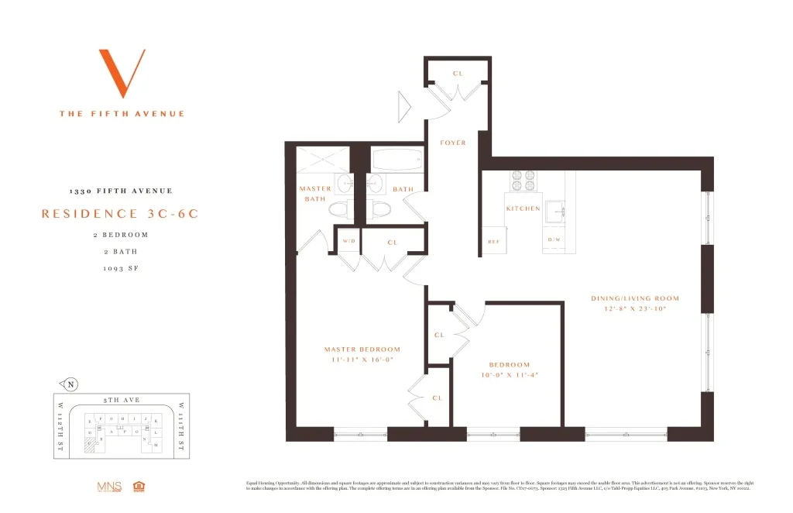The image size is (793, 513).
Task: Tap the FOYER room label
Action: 453,143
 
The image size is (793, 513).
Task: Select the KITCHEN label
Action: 523,208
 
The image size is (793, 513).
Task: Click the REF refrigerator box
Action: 493,240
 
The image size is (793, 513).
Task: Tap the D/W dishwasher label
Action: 554,240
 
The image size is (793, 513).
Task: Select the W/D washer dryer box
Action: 348,242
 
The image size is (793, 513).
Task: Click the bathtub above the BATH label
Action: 396,161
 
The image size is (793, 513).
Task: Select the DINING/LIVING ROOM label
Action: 634,298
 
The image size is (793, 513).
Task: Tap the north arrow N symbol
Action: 70,384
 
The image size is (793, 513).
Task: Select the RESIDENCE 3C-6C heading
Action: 120,214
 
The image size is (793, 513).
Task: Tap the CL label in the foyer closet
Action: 457,74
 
